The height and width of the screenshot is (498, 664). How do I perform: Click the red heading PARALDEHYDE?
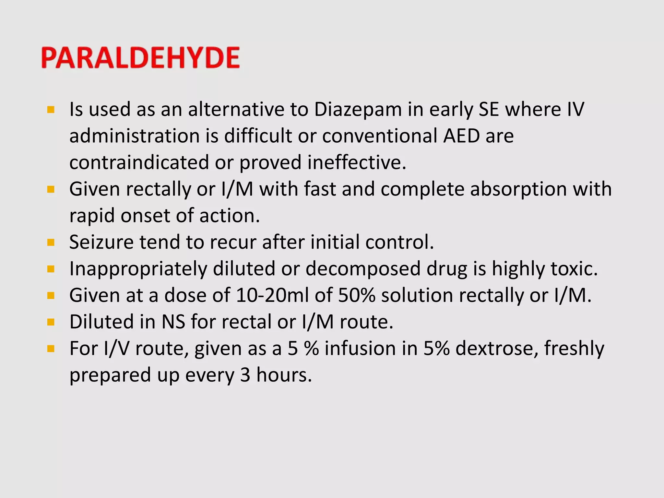[140, 58]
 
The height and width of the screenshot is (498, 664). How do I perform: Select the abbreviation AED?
[461, 136]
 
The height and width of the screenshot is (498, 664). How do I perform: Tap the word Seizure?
[101, 243]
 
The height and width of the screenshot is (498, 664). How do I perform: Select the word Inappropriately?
[138, 269]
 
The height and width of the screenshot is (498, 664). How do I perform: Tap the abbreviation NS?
[173, 322]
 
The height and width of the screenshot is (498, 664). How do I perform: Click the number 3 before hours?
[245, 375]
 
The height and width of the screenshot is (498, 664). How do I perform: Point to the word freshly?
[574, 349]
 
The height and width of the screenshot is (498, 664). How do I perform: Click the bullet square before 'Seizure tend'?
[51, 243]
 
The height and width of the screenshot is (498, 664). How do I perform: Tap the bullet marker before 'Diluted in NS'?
[51, 322]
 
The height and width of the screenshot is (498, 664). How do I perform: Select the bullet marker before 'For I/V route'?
[51, 349]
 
